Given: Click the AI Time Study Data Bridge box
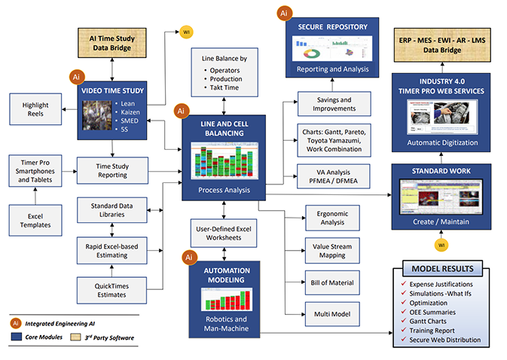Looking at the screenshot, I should [x=111, y=44].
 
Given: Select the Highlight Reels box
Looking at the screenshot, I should [x=32, y=108].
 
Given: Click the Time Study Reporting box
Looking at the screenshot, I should [x=111, y=171].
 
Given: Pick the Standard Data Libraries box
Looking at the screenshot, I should [x=111, y=209].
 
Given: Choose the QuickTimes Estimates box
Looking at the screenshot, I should [x=111, y=290].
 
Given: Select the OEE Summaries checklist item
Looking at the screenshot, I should [x=443, y=312].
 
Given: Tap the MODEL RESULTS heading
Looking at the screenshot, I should [x=443, y=270].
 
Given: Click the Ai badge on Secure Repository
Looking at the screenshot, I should [x=284, y=13].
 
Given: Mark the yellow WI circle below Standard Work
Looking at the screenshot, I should [x=441, y=244].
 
